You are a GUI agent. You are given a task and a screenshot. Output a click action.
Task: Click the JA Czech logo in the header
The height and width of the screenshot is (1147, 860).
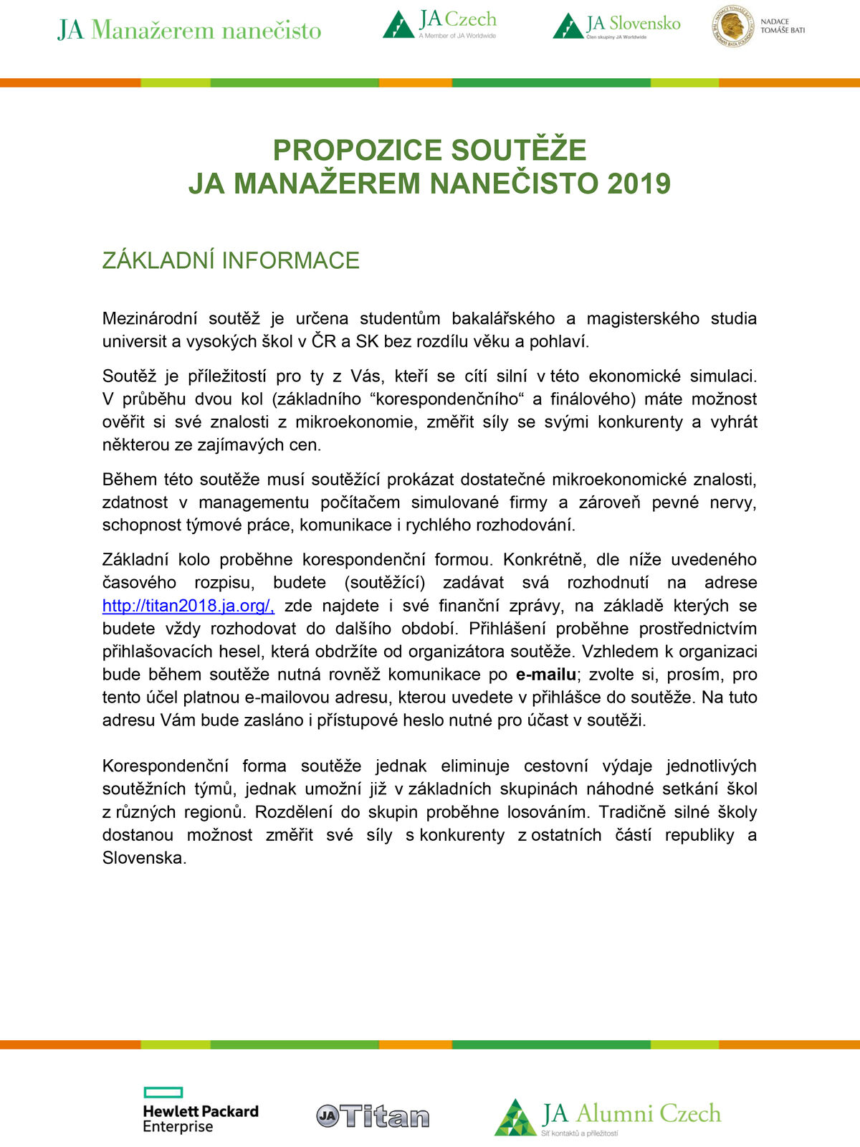pos(439,24)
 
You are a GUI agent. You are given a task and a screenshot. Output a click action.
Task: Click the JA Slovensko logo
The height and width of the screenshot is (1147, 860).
pos(616,26)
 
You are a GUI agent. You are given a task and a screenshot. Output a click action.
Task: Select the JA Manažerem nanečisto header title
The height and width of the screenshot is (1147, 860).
pos(189,30)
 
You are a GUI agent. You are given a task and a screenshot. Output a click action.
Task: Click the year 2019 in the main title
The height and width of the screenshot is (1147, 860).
pos(639,184)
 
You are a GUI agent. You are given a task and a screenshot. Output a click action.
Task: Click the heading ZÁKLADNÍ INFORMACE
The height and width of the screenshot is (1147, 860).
pos(231,260)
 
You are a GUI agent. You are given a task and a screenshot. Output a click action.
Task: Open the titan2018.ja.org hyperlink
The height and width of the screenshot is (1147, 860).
pos(188,606)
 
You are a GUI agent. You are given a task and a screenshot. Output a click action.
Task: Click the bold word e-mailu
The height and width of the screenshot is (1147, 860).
pos(545,675)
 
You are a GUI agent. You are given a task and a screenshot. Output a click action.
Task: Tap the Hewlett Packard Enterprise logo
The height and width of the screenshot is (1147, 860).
pos(200,1111)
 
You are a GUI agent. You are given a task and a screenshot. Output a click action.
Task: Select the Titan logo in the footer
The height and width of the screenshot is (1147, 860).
pos(373,1116)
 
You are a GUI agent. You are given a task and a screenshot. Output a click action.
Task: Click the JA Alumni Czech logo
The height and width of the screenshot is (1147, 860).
pos(608,1117)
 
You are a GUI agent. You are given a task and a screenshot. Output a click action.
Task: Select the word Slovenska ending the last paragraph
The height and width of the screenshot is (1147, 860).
pos(144,858)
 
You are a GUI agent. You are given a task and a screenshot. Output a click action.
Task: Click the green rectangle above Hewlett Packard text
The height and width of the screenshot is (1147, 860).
pos(163,1093)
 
